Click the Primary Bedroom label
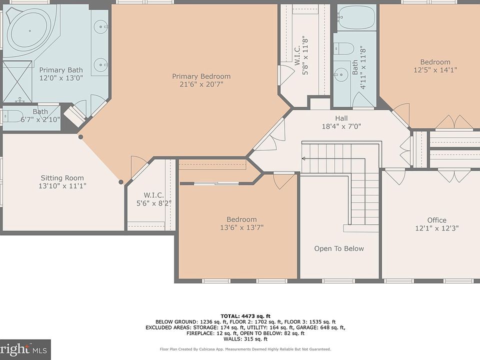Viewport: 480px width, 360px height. point(201,76)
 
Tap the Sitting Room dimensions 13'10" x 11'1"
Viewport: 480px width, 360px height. point(62,186)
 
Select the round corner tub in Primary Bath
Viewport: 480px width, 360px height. point(29,30)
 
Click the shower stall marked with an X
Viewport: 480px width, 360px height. point(17,81)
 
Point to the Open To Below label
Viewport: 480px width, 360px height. point(339,248)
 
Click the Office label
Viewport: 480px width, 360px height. point(437,220)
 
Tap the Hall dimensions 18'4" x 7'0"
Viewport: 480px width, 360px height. point(341,126)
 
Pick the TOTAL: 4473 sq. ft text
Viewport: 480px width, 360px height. point(245,316)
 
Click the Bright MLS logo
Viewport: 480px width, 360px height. point(24,349)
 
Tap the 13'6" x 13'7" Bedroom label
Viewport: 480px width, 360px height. point(241,219)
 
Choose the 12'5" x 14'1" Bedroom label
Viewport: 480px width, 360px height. point(435,62)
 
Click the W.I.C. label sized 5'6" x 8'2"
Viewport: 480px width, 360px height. point(153,195)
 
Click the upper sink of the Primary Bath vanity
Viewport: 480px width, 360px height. point(100,27)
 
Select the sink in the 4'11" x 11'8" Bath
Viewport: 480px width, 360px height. point(340,74)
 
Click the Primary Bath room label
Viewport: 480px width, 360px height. point(61,70)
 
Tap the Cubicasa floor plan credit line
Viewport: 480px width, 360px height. point(245,349)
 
